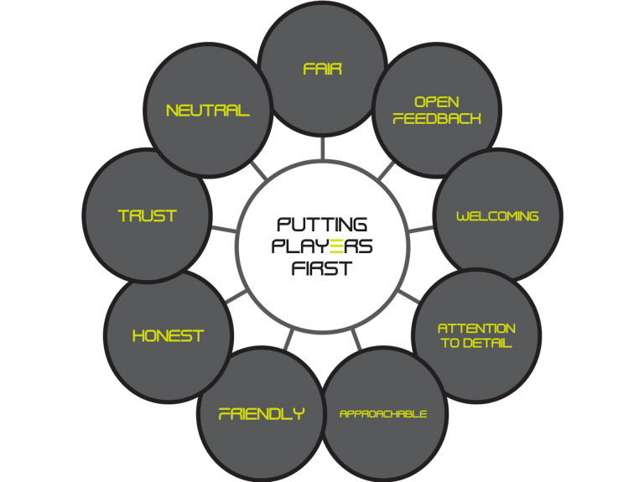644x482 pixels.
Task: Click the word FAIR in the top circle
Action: coord(322,69)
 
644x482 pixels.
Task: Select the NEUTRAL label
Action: coord(208,111)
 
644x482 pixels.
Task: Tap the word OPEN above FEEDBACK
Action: coord(437,101)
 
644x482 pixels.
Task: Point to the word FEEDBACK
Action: coord(437,119)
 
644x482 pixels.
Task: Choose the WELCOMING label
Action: coord(497,216)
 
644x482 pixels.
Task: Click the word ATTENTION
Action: coord(476,329)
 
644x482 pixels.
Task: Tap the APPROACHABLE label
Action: coord(383,414)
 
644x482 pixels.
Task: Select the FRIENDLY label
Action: coord(262,414)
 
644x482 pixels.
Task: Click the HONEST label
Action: coord(168,336)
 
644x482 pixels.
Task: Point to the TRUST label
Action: coord(148,216)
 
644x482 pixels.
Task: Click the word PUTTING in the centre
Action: coord(322,225)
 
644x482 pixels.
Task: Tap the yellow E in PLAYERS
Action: coord(336,246)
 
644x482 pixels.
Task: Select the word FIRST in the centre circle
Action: coord(322,268)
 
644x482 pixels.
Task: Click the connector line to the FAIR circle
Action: coord(322,148)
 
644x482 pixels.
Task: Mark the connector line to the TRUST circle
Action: coord(224,228)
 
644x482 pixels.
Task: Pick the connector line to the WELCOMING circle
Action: coord(421,229)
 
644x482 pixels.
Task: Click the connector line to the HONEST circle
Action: coord(236,297)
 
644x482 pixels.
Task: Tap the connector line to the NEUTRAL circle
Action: coord(258,170)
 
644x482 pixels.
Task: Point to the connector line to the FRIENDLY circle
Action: coord(289,339)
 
